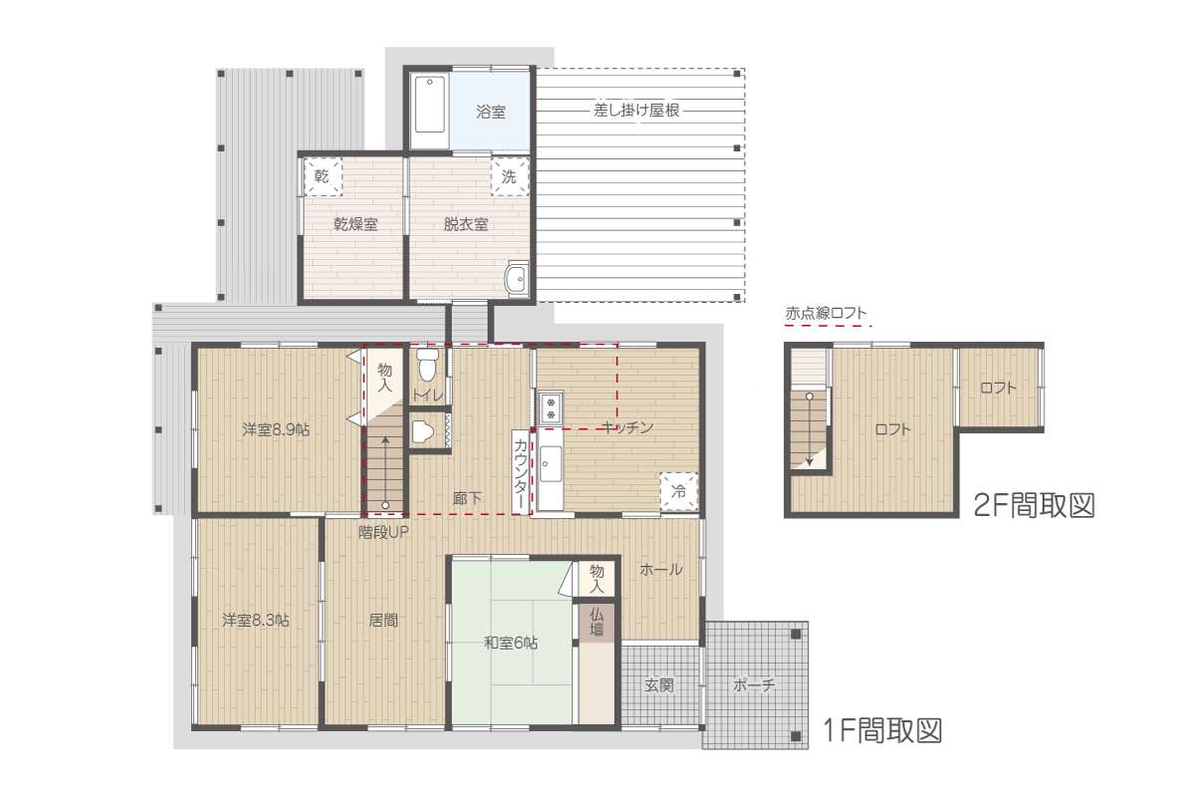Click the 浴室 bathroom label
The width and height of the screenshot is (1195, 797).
[491, 113]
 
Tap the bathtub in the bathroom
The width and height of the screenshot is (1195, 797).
[429, 105]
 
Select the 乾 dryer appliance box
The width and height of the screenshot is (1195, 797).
[322, 175]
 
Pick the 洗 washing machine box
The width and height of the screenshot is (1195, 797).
[510, 176]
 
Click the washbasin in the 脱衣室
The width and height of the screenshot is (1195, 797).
[517, 279]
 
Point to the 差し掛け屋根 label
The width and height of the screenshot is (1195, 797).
[636, 111]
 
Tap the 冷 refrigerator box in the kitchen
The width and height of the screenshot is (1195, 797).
[679, 490]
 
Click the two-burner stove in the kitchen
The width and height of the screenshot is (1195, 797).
[551, 407]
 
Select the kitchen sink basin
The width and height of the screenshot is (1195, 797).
[550, 464]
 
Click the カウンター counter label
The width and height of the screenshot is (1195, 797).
[521, 471]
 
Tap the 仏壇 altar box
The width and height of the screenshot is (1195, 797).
[597, 622]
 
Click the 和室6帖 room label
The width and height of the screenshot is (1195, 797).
[511, 643]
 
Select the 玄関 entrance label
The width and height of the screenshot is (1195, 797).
[659, 684]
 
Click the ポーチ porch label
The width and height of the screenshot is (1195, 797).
[753, 684]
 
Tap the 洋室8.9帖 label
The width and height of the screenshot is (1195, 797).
[276, 429]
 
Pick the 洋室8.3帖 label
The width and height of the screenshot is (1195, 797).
[256, 620]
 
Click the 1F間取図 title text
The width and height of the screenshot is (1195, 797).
[883, 730]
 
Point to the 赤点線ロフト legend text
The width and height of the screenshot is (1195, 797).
[826, 314]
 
